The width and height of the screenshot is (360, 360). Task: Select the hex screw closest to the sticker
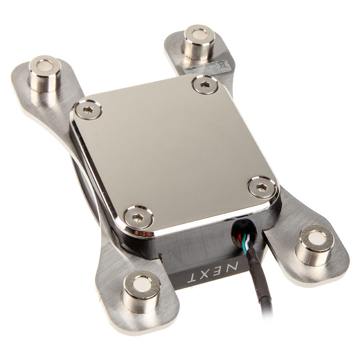[205, 85]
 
